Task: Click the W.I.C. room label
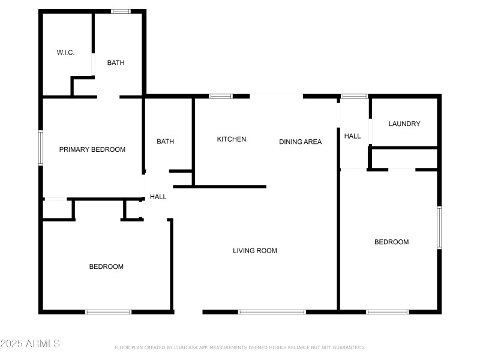coord(65,53)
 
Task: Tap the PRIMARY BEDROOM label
coord(92,149)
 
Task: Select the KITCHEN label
coord(231,139)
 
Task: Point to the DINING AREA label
coord(300,142)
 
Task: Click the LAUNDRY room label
coord(404,124)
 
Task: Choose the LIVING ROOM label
coord(255,251)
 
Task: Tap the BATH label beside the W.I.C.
coord(116,63)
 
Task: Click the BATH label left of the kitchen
coord(165,142)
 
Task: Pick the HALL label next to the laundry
coord(352,136)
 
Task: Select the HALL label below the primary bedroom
coord(158,197)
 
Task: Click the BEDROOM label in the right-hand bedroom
coord(391,242)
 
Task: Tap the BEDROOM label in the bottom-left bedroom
coord(106,266)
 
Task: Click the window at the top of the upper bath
coord(121,11)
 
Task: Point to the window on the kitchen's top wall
coord(220,96)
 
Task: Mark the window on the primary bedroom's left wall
coord(41,148)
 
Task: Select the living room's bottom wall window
coord(272,312)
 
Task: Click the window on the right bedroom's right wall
coord(439,227)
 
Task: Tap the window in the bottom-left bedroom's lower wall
coord(108,312)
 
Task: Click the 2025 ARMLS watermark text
coord(30,344)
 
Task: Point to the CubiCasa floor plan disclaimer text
coord(239,347)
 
